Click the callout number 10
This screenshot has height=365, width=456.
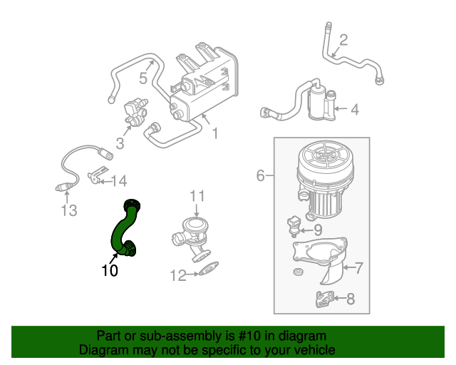[109, 270]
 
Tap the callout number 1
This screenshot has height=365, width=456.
[214, 133]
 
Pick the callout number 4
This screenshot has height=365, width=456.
[261, 175]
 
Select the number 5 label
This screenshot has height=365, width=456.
[359, 268]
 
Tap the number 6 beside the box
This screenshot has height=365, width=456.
[350, 299]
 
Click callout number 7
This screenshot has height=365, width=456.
[318, 229]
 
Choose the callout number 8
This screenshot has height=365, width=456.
[197, 195]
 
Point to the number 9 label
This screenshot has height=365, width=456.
[178, 274]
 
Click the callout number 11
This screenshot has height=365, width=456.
[68, 210]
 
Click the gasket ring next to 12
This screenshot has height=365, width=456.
[97, 175]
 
